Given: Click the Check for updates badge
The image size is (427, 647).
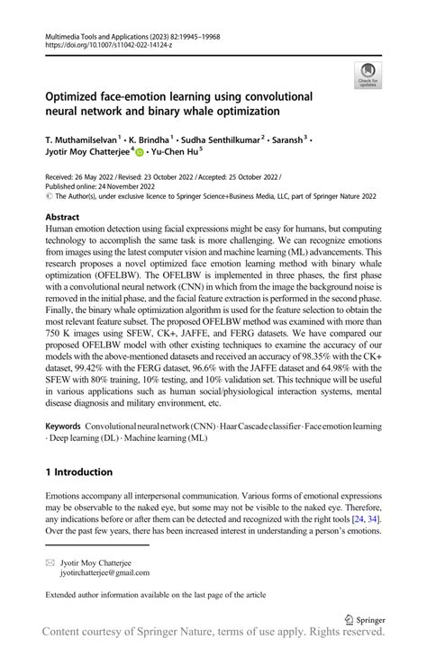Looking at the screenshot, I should [x=368, y=76].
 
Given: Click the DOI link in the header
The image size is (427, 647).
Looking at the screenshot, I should [x=105, y=41].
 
